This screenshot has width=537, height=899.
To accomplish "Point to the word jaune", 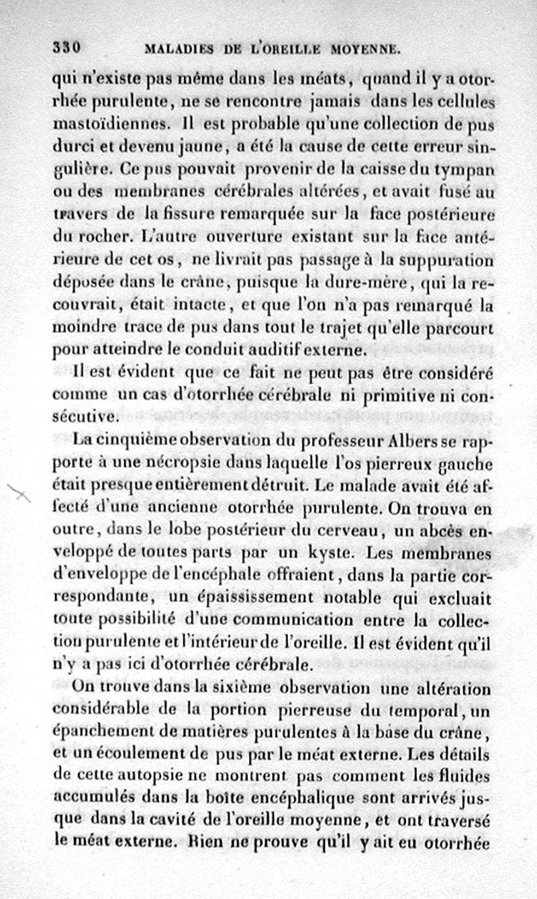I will coord(207,146).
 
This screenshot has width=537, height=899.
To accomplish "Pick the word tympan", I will coord(470,169).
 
